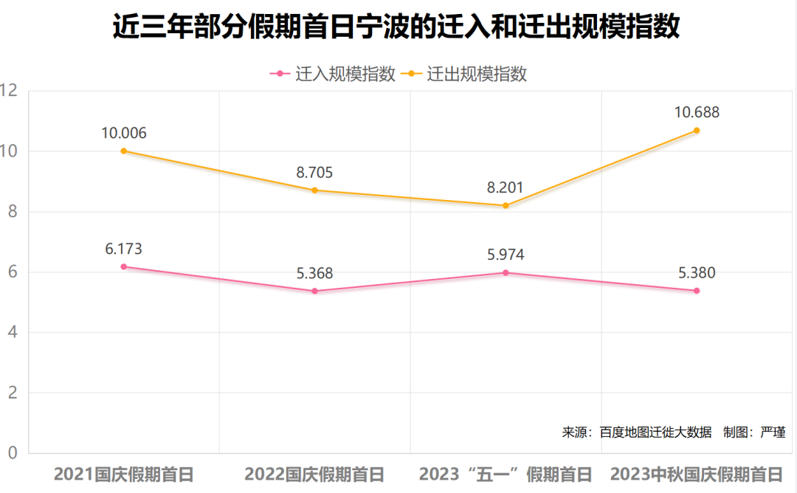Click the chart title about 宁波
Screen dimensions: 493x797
pos(396,27)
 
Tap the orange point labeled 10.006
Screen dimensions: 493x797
pos(124,151)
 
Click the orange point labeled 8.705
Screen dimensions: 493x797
pos(314,190)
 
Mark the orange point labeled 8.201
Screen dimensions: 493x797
pos(506,205)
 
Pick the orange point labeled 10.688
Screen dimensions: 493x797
pos(696,131)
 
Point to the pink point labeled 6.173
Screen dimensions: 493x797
pos(124,266)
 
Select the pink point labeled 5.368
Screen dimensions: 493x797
pos(314,291)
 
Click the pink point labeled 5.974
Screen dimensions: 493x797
pos(506,272)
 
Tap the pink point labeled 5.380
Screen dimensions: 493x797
pos(696,291)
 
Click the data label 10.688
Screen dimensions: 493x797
pos(696,113)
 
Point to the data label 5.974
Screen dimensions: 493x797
pos(506,255)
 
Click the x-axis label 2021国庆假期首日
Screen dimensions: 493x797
pos(124,474)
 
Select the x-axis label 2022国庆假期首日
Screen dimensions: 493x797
pos(314,474)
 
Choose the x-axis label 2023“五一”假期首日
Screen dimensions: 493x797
pos(506,474)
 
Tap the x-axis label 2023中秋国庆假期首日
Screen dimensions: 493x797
pos(696,474)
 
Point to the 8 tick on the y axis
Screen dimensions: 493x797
pos(11,212)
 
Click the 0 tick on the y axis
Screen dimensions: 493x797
pos(11,452)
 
